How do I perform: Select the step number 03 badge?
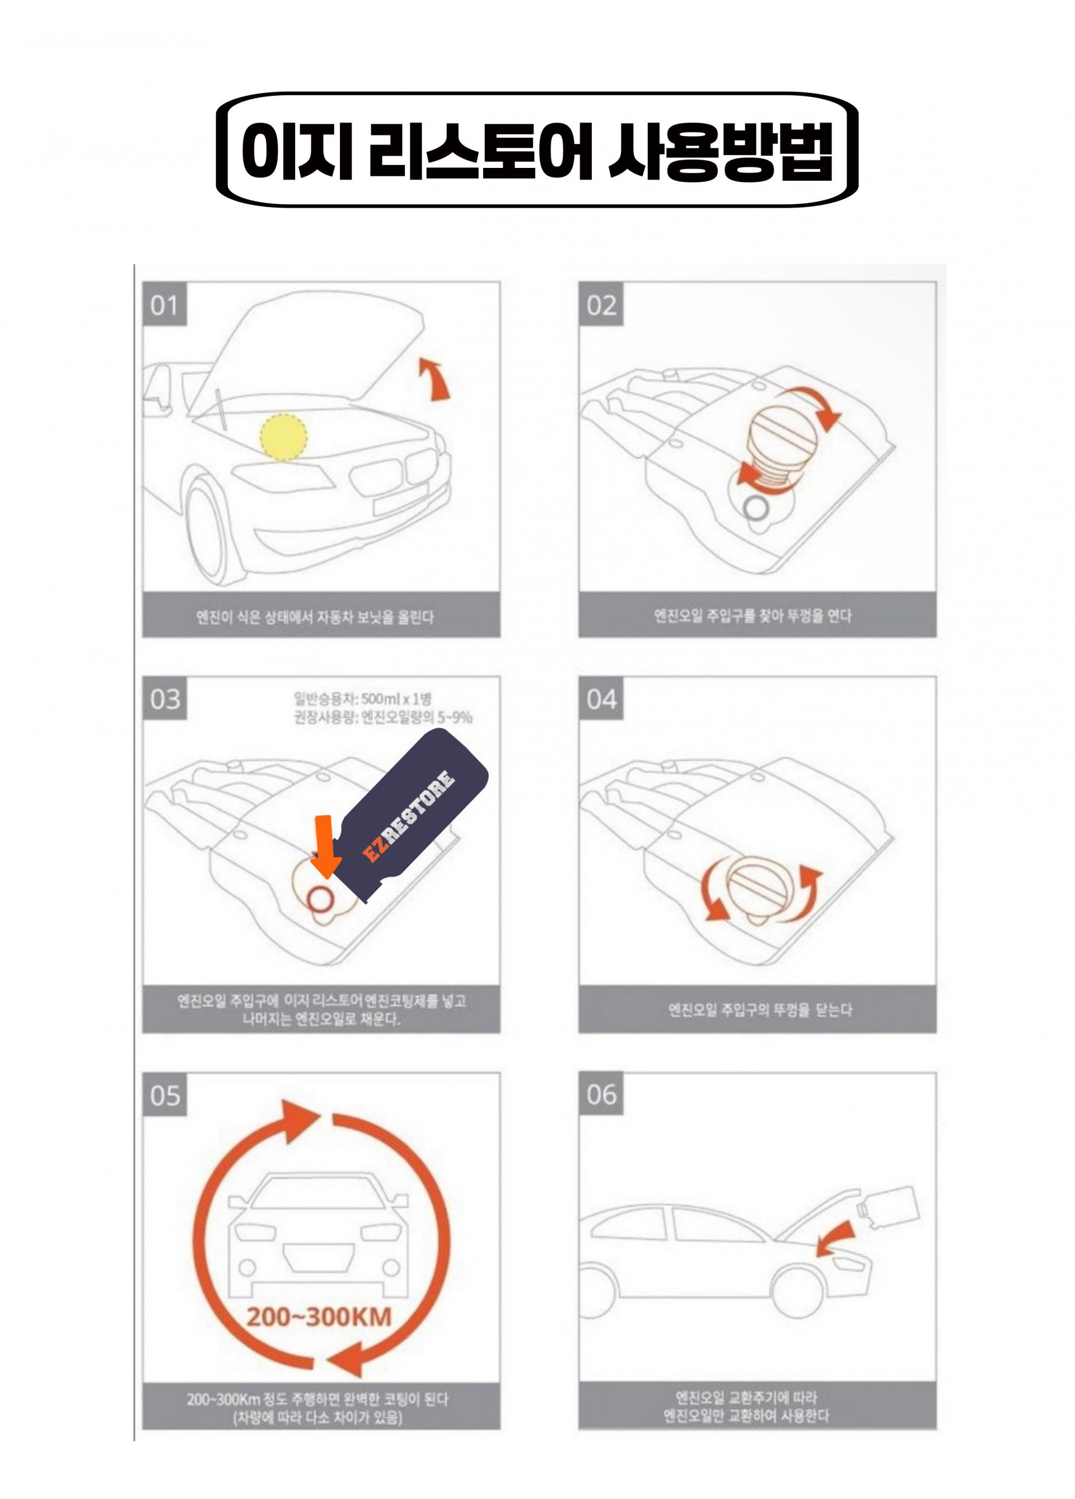[164, 699]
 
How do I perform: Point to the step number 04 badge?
[600, 699]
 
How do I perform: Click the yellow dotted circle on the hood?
[283, 436]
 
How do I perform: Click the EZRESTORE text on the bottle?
[409, 817]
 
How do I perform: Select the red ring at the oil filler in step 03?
[321, 900]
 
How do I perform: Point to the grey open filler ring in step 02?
[755, 508]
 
